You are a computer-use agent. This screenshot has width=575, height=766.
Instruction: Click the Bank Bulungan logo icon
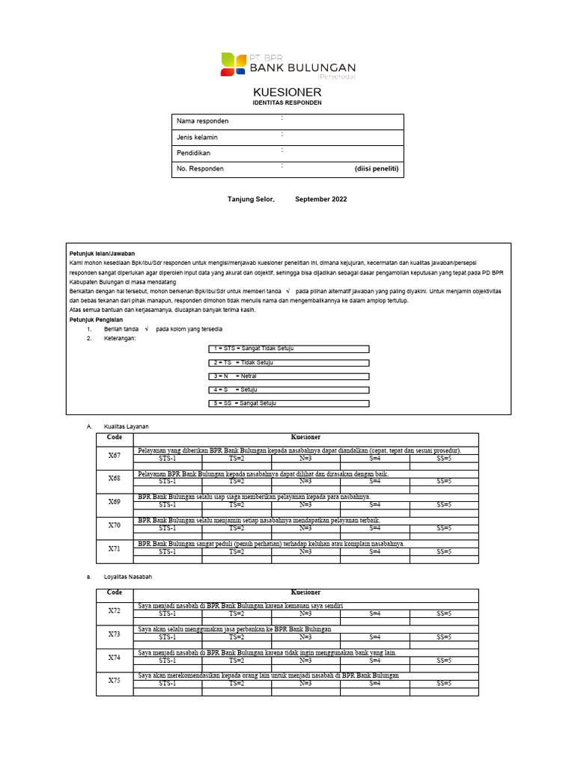point(233,64)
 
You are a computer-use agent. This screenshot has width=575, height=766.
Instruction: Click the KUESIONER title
point(287,91)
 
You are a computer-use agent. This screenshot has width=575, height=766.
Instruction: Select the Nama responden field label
point(202,121)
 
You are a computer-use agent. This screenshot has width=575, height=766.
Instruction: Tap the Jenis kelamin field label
point(198,138)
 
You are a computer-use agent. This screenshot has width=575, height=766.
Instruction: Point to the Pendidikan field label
point(193,153)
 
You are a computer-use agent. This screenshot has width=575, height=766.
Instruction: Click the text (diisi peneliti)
point(377,169)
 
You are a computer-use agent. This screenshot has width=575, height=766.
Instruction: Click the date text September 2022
point(321,200)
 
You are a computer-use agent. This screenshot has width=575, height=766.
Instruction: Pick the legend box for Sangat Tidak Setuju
point(288,349)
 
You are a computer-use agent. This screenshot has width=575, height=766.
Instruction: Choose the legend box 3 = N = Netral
point(288,376)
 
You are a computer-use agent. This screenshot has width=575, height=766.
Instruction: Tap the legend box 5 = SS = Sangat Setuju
point(288,403)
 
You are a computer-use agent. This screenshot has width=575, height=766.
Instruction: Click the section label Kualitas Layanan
point(126,426)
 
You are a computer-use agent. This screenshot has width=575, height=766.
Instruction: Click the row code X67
point(115,455)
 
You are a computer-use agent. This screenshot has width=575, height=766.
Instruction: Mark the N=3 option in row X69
point(305,505)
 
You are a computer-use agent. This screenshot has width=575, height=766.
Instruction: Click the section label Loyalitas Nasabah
point(129,577)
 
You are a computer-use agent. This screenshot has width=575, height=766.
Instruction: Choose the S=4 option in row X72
point(375,613)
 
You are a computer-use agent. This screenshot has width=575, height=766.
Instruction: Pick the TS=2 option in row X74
point(236,661)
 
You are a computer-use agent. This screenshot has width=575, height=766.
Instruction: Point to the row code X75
point(115,681)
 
